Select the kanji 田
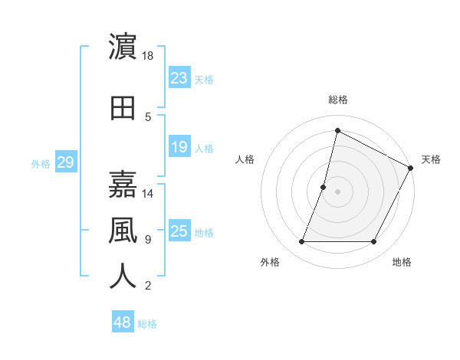click(x=123, y=108)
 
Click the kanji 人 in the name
click(x=123, y=276)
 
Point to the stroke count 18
click(x=148, y=56)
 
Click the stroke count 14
click(x=148, y=194)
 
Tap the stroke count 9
click(x=148, y=240)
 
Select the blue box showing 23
click(x=179, y=78)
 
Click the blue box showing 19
click(x=179, y=147)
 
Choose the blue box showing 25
click(x=179, y=231)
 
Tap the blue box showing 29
click(x=65, y=162)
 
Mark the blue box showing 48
click(x=123, y=322)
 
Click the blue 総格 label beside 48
click(x=147, y=324)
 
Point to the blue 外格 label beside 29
click(x=41, y=163)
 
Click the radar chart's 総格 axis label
click(x=337, y=100)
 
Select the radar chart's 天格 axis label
click(x=431, y=159)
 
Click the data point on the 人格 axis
click(x=324, y=187)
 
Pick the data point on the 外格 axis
click(x=301, y=242)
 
